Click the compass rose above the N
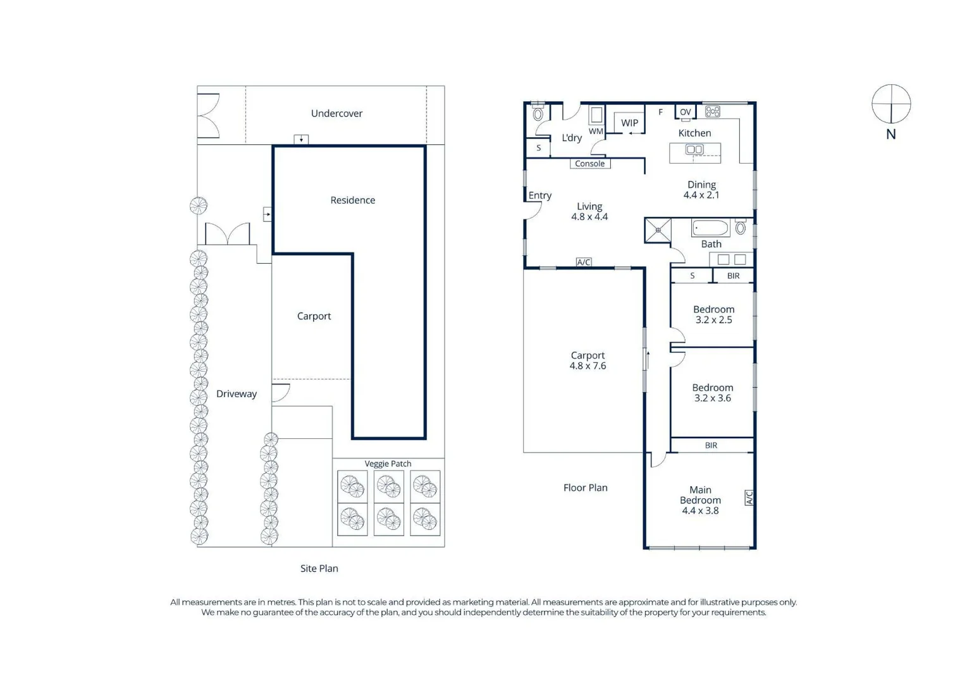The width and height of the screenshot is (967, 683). pos(891,104)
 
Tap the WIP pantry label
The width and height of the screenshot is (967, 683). pos(629,123)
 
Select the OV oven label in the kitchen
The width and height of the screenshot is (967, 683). pos(686,112)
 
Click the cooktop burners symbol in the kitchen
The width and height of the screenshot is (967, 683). pos(712,112)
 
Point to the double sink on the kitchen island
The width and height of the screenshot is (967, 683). pos(694,149)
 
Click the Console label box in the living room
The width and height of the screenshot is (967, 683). pos(590,164)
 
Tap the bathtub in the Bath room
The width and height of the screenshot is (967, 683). pos(711,228)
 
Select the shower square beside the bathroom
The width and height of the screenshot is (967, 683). pos(658,230)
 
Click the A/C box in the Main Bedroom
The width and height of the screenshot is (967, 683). pos(749,498)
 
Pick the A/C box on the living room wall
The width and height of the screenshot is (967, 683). pos(584,262)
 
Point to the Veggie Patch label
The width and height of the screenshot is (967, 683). pos(388,464)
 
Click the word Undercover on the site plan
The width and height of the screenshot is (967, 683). pos(336,114)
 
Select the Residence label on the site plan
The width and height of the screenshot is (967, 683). pos(353,200)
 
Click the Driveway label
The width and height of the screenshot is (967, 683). pos(236,394)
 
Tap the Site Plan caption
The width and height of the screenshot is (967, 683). pos(319,569)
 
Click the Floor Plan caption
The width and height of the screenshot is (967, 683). pos(586,488)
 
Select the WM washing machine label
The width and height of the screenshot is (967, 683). pos(596,132)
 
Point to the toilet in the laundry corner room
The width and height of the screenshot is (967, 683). pos(538,113)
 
